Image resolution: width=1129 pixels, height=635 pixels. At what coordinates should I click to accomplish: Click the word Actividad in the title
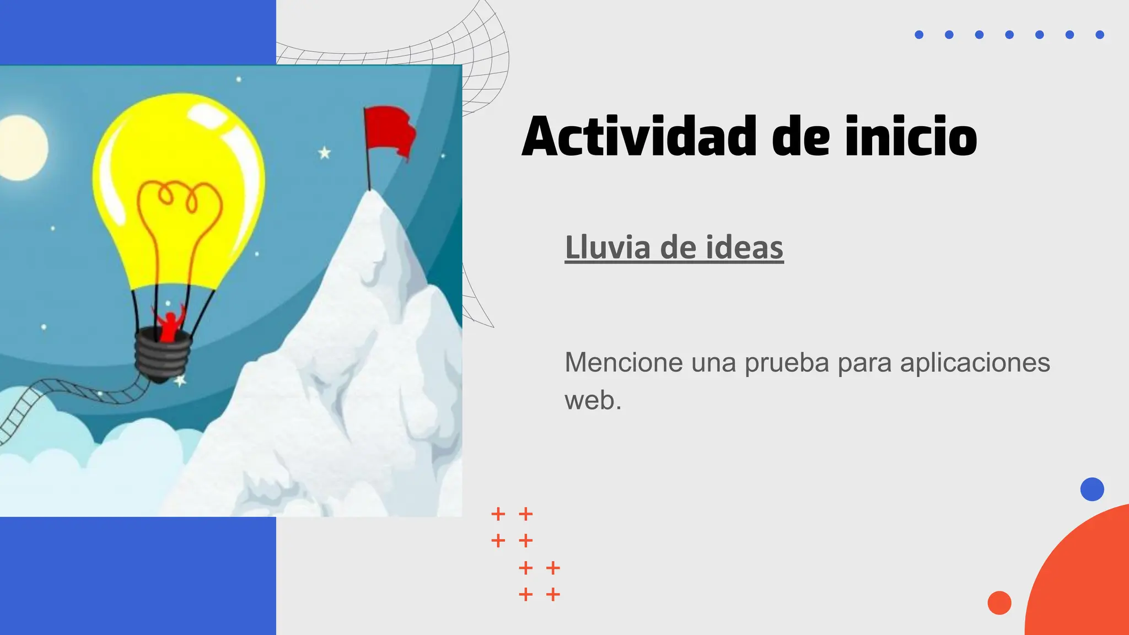coord(639,136)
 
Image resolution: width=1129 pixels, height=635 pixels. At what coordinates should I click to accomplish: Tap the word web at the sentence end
coord(589,400)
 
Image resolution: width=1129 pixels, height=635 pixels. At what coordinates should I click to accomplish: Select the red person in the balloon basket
coord(169,326)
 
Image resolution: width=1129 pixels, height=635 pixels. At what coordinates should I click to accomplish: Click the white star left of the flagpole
coord(325,153)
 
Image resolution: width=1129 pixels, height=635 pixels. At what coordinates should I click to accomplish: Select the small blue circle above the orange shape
coord(1092,489)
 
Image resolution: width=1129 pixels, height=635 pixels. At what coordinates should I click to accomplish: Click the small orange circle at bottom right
coord(999,602)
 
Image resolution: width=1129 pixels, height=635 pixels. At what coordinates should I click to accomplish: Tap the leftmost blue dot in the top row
coord(919,35)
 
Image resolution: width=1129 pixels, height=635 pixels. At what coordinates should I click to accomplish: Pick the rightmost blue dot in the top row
coord(1099,35)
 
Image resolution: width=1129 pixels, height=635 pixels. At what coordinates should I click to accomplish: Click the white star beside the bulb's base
coord(180,380)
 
